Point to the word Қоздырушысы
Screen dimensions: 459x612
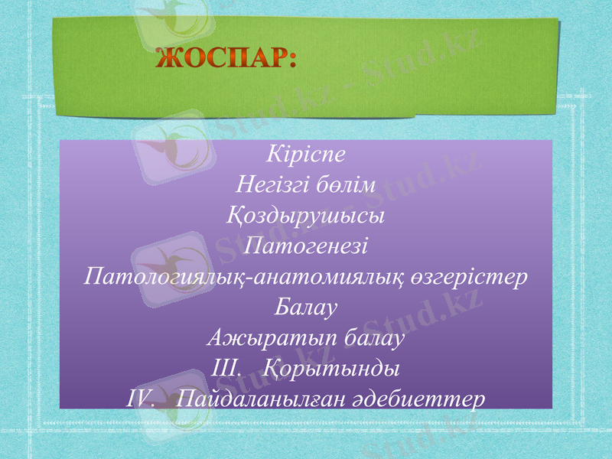[306, 215]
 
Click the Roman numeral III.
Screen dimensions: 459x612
[223, 369]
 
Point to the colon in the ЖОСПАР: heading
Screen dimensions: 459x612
[291, 60]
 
